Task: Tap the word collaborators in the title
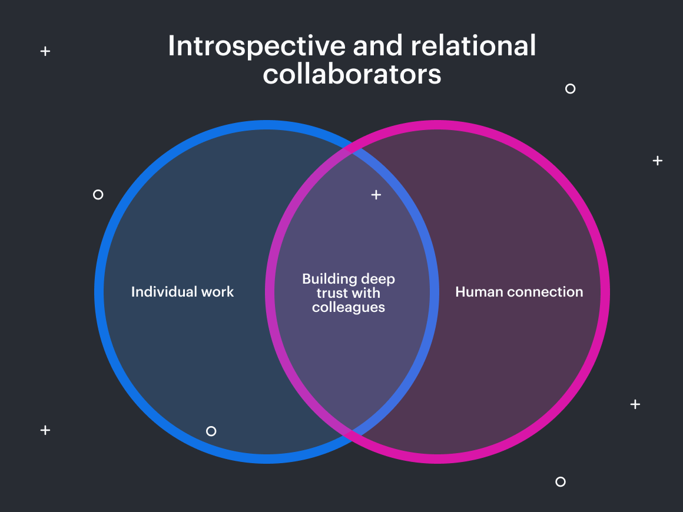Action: coord(352,75)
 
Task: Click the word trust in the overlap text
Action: coord(333,293)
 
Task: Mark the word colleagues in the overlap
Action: coord(349,307)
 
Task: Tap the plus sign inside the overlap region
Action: coord(376,194)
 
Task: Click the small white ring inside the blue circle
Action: coord(211,431)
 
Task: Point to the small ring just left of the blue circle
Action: coord(98,194)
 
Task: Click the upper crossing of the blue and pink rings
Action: coord(352,149)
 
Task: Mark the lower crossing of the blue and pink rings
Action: coord(352,434)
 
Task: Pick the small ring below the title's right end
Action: coord(570,89)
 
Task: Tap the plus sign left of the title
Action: coord(45,51)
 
